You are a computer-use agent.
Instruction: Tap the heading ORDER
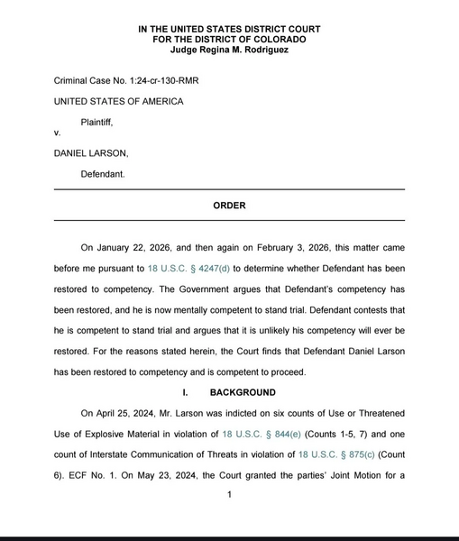point(229,206)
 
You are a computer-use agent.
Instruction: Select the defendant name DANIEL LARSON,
point(91,152)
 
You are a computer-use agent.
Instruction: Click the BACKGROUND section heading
point(243,392)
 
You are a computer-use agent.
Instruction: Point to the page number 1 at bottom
point(230,494)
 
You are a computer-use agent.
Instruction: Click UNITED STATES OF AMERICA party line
point(118,101)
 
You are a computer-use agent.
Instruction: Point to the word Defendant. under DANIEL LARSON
point(106,172)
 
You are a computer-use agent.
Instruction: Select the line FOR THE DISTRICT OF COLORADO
point(229,40)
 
